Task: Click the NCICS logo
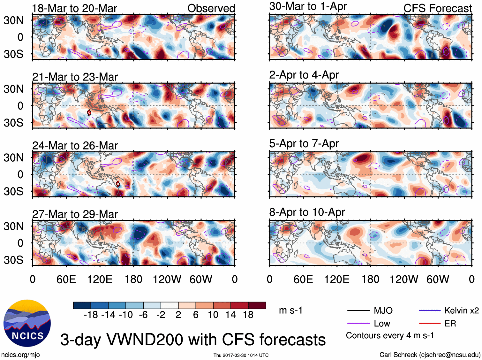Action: pos(27,323)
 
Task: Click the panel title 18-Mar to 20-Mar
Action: pos(75,8)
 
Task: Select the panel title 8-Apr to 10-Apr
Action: pos(307,212)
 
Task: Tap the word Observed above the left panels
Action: pos(211,8)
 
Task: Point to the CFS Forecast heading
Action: pos(437,8)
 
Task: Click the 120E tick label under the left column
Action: pos(100,280)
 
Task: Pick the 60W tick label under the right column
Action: pos(438,280)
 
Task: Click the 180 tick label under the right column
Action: pos(370,280)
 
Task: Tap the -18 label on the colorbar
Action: pos(91,315)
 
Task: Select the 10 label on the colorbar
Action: pos(213,315)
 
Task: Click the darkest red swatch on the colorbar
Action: pos(257,305)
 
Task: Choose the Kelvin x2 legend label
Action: pos(462,310)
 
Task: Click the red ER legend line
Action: pos(430,324)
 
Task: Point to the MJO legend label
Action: pos(383,310)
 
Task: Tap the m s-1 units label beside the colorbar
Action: pos(290,310)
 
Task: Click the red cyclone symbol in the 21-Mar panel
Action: pos(89,113)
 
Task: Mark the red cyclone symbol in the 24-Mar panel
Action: pos(118,184)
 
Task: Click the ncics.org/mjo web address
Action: pos(20,355)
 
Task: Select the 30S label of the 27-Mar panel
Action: pos(14,260)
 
